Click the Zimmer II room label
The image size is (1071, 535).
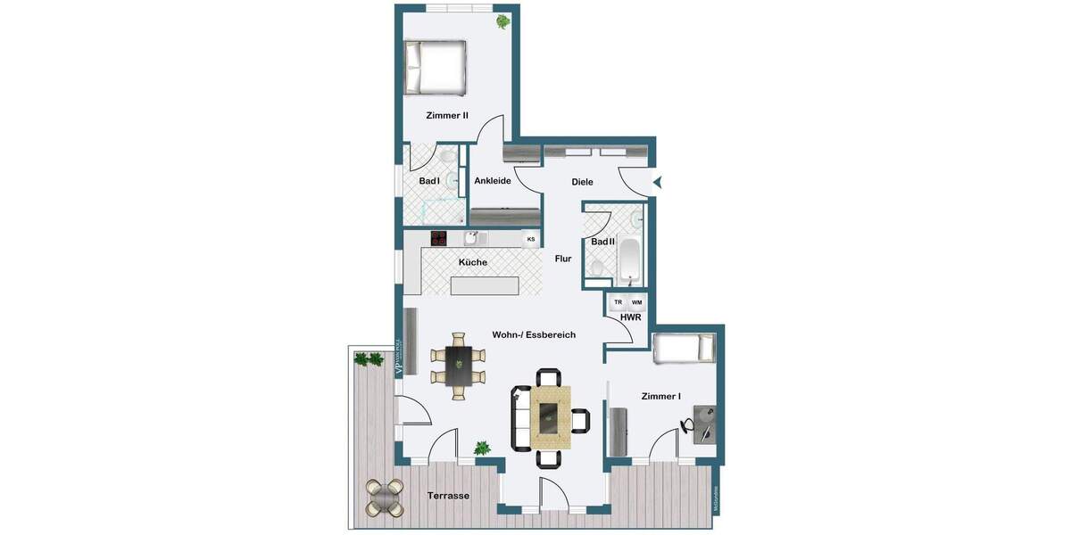[447, 115]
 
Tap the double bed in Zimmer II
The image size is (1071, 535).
[436, 69]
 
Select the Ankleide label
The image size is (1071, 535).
[493, 181]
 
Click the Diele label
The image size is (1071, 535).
[583, 183]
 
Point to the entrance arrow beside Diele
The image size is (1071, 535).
[658, 182]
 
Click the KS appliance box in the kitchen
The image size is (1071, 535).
[530, 239]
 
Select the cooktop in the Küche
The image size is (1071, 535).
[439, 238]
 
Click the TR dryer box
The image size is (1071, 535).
[618, 302]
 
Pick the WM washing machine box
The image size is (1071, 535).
[637, 302]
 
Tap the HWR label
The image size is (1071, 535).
[630, 317]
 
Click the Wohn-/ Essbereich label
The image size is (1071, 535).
[534, 335]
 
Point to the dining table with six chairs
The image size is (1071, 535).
[459, 366]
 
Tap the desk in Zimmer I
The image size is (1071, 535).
[704, 424]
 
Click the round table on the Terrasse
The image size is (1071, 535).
[385, 498]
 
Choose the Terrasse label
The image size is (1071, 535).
[448, 496]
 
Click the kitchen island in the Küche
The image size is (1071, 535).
[485, 285]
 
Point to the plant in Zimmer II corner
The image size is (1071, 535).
[503, 20]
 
